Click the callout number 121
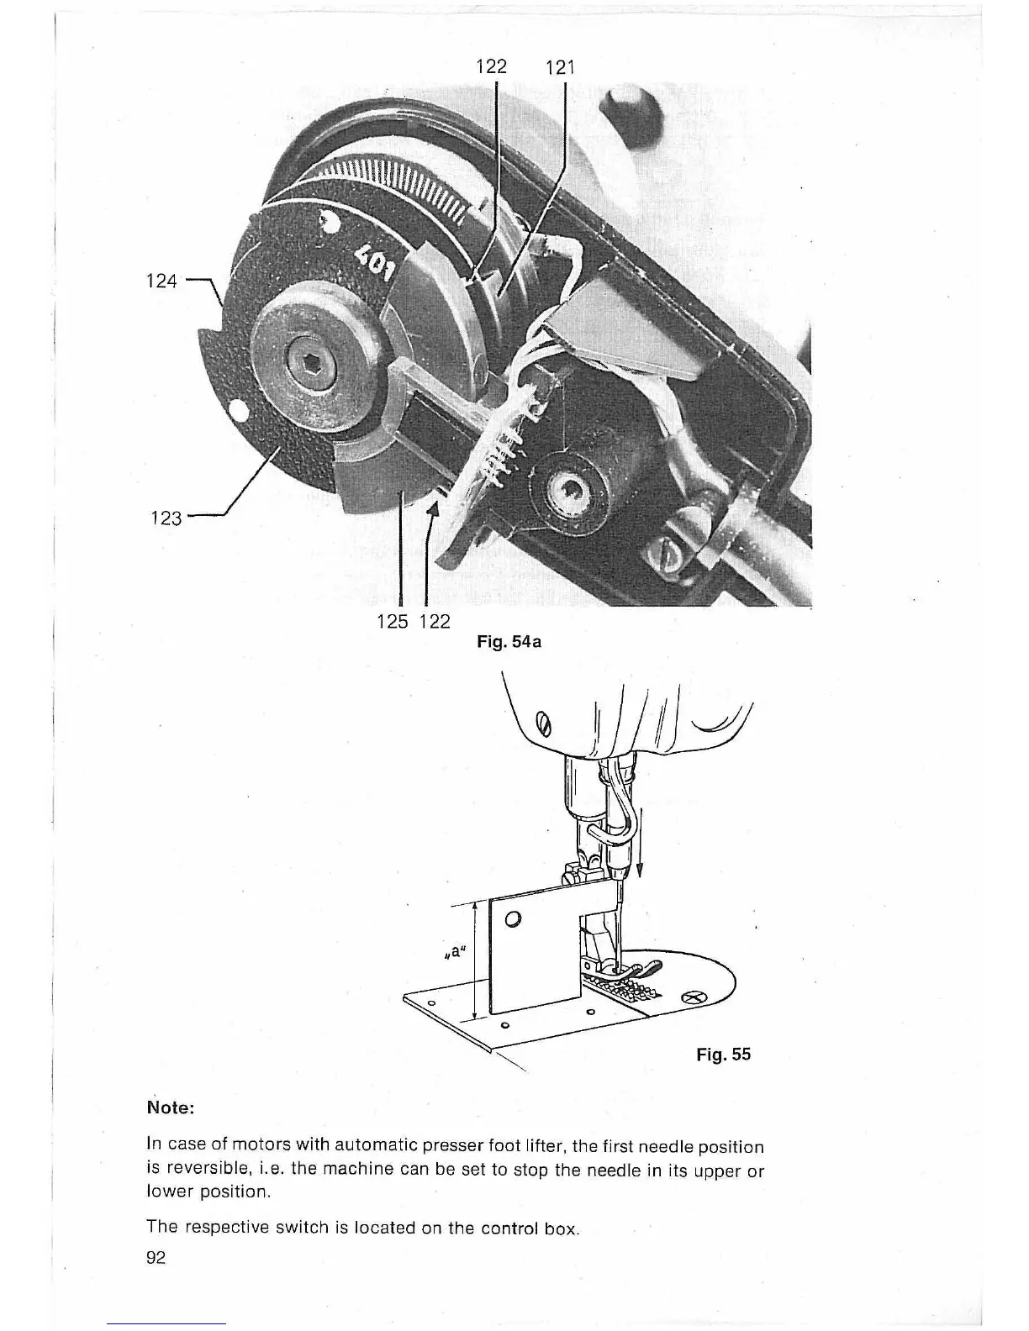560,67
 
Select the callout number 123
165,518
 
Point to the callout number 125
393,622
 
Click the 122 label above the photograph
492,66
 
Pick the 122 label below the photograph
434,622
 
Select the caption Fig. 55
723,1054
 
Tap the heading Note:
171,1107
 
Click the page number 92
156,1258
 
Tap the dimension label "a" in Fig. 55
454,953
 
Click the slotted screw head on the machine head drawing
541,721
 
